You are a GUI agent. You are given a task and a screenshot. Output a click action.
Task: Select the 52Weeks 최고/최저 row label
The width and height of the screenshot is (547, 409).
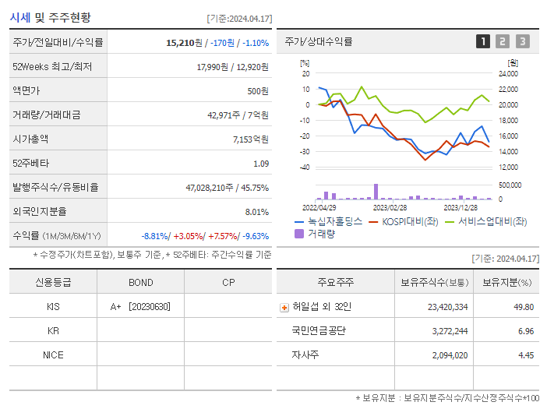[52, 67]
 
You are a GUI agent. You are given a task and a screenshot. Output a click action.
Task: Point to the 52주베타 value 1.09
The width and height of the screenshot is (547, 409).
[261, 164]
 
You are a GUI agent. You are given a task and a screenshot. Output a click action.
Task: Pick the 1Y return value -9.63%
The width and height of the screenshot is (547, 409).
[256, 236]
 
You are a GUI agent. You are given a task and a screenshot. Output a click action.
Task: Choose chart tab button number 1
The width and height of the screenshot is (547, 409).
[483, 41]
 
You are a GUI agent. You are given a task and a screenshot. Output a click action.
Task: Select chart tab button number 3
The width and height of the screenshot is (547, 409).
[522, 41]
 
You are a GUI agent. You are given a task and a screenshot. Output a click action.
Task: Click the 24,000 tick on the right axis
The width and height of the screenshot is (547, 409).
[507, 74]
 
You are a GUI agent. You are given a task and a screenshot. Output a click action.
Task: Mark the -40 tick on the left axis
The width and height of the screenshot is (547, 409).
[305, 167]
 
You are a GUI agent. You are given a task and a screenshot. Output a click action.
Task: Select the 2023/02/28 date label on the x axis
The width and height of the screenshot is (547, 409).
[390, 207]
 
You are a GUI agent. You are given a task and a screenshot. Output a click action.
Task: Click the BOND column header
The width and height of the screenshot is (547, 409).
[140, 282]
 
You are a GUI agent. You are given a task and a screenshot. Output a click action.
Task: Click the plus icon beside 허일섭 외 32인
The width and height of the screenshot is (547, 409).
[284, 307]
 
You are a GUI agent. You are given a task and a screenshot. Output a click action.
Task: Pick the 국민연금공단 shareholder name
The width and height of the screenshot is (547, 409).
[319, 331]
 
